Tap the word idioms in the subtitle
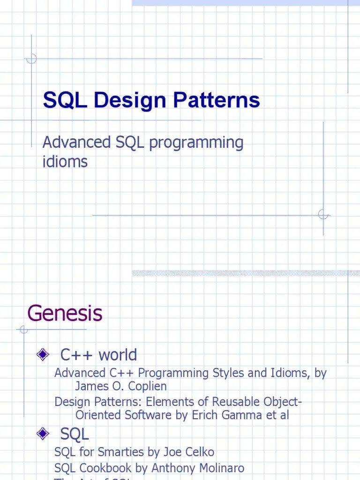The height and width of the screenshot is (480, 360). [x=65, y=162]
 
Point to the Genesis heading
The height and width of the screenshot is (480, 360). [x=65, y=313]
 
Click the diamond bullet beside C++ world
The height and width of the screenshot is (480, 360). [x=43, y=354]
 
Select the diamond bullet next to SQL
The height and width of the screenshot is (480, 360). [x=43, y=434]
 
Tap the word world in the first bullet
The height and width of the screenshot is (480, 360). [x=118, y=355]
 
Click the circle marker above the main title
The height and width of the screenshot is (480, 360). [x=31, y=59]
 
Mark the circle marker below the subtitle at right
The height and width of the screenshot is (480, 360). [x=323, y=215]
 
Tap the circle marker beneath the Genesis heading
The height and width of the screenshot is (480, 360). [x=23, y=330]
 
